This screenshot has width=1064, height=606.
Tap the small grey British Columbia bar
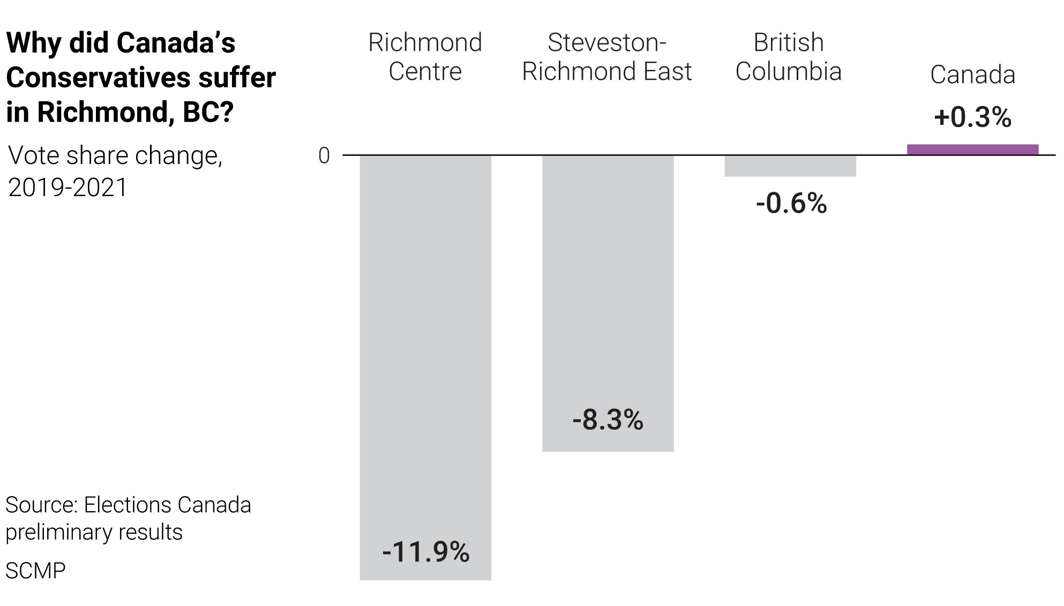tap(790, 166)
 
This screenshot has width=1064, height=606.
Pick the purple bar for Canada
tap(972, 149)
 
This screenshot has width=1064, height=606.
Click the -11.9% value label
tap(425, 552)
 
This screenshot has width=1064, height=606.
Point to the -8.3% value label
tap(608, 420)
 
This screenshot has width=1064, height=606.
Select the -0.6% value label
tap(791, 203)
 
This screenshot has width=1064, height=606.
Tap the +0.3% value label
tap(972, 117)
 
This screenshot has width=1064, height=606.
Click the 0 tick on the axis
tap(324, 156)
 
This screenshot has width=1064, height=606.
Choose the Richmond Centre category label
tap(425, 57)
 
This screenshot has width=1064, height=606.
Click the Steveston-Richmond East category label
tap(607, 57)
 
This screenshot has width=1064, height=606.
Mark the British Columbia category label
tap(789, 57)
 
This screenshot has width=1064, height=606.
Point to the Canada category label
tap(972, 74)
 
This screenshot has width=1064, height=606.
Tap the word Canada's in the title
tap(176, 43)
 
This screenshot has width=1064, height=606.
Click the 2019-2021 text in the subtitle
tap(68, 188)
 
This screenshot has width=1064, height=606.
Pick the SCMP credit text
tap(35, 571)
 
